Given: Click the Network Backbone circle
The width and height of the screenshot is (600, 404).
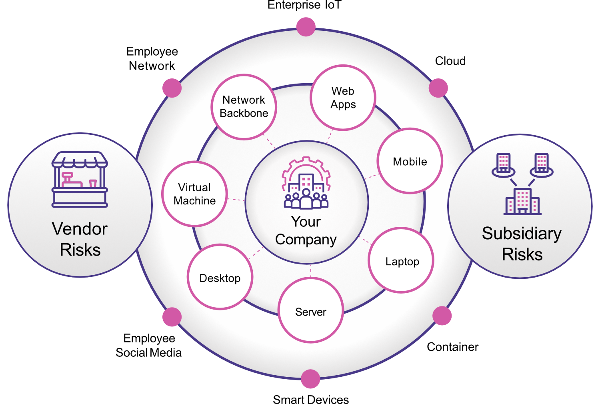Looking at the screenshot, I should (x=244, y=107).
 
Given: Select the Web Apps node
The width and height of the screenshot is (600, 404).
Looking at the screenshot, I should (x=343, y=98).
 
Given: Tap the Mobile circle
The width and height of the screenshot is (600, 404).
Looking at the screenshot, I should (x=410, y=161).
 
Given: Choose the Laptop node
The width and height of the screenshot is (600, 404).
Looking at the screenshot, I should (x=401, y=261).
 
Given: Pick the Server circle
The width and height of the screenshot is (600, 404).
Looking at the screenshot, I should (x=310, y=311).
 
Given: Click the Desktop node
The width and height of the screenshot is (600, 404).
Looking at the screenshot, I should (x=220, y=277).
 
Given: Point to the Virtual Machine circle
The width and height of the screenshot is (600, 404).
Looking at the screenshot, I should (x=195, y=194).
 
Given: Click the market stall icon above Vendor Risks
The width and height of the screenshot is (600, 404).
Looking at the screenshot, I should (x=80, y=180).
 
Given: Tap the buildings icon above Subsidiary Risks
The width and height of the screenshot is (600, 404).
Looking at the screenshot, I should (x=522, y=184).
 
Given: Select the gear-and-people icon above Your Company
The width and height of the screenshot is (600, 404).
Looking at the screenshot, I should (x=306, y=183).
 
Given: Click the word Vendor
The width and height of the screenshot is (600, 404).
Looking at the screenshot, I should (x=80, y=229).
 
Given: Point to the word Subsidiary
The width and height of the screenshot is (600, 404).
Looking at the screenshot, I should (x=522, y=234).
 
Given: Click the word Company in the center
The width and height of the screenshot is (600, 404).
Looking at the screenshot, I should (x=306, y=240).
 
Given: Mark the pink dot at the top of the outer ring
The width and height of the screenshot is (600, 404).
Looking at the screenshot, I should (x=306, y=27).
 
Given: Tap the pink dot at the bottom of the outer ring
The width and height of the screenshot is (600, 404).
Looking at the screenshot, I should (x=310, y=379).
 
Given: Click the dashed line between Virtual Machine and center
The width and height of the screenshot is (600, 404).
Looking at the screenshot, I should (x=236, y=199).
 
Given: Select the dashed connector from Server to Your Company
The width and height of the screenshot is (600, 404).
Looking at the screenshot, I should (x=310, y=271).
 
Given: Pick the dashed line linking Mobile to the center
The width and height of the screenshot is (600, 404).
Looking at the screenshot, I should (x=372, y=176).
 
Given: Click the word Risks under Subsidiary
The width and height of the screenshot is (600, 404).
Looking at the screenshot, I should (x=522, y=254).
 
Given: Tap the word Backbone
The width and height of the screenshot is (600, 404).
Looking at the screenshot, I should (x=244, y=113).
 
